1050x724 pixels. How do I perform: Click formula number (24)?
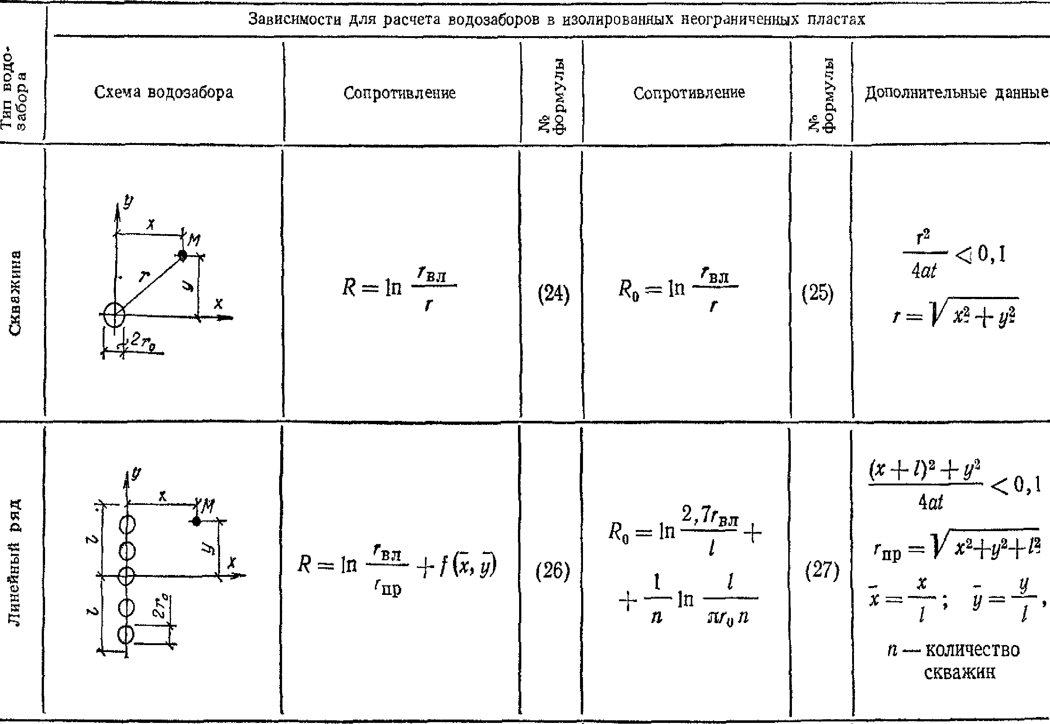tap(553, 294)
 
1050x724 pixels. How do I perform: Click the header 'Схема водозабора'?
tap(164, 93)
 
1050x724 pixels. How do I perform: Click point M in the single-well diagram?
tap(182, 255)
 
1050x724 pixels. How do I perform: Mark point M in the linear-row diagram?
tap(196, 521)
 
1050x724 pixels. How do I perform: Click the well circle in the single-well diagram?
tap(114, 314)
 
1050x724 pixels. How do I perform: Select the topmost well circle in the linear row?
tap(127, 525)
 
